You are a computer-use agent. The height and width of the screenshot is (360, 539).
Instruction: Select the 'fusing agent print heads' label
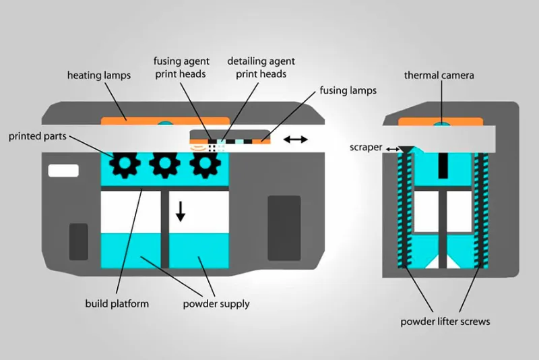[181, 67]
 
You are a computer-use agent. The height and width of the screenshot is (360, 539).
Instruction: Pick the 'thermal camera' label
[439, 76]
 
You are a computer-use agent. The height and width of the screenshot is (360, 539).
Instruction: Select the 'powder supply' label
[216, 303]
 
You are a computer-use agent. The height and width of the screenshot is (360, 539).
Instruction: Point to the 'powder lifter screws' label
[445, 321]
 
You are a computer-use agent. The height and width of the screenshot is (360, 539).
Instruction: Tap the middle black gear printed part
[164, 162]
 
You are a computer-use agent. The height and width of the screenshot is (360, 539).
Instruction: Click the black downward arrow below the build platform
[180, 210]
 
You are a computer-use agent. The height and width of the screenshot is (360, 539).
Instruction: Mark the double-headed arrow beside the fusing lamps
[296, 140]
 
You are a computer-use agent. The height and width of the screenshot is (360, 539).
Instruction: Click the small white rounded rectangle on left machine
[64, 171]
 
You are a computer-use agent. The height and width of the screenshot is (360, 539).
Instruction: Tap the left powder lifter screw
[404, 209]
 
